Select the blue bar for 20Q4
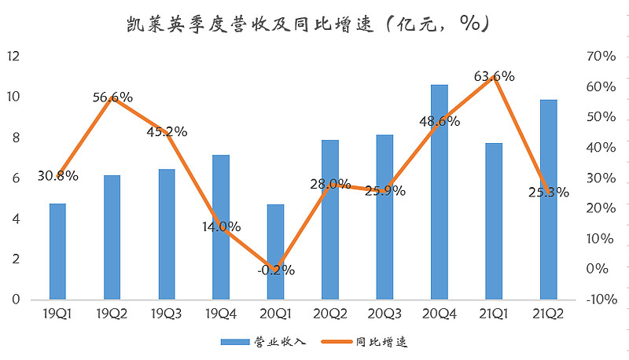(439, 192)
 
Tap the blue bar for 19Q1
(57, 252)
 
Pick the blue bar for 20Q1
(275, 252)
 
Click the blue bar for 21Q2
(548, 200)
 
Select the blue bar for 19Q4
(221, 227)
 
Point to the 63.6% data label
(494, 76)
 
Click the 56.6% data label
(112, 97)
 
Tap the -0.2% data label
(275, 270)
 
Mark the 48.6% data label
(439, 122)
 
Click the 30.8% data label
(57, 176)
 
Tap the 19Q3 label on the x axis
(167, 313)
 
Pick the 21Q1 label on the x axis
(494, 313)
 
